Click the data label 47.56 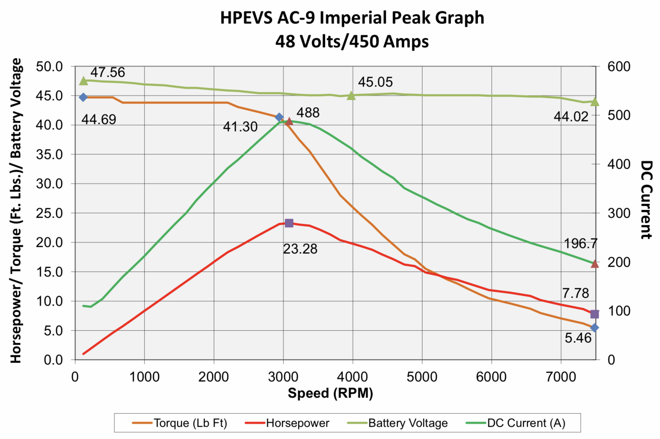coord(107,72)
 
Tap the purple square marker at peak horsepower coord(289,223)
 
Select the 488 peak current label coord(308,113)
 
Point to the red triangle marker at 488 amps coord(289,121)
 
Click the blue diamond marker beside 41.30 coord(279,117)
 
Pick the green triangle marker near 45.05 coord(351,96)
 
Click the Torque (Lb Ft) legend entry coord(180,423)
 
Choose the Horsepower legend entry coord(287,423)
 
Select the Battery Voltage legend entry coord(397,423)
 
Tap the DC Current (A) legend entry coord(516,423)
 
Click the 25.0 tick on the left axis coord(49,213)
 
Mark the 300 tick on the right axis coord(618,213)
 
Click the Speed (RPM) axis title coord(330,393)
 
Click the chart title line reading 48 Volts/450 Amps coord(352,41)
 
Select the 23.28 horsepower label coord(300,249)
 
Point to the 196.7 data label coord(580,244)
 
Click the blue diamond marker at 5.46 coord(594,328)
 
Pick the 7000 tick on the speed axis coord(561,377)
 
